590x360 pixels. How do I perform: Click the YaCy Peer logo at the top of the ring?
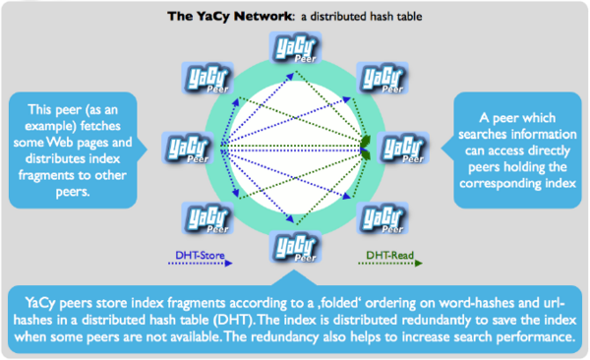click(295, 48)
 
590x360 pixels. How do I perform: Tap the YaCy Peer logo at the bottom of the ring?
click(295, 247)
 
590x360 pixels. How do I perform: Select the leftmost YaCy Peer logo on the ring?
click(188, 148)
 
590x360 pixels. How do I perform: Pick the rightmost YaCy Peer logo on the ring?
click(403, 148)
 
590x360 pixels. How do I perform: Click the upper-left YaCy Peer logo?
click(207, 78)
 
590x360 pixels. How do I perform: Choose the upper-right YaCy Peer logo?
click(383, 78)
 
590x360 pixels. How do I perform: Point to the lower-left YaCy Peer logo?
click(207, 218)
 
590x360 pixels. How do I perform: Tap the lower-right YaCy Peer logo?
click(383, 218)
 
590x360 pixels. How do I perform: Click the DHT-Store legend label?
click(200, 255)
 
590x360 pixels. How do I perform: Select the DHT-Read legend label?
click(389, 255)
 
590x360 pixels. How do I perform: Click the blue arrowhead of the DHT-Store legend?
click(229, 264)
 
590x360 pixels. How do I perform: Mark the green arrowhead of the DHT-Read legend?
click(419, 264)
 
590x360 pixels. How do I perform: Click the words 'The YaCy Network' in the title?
click(229, 16)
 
